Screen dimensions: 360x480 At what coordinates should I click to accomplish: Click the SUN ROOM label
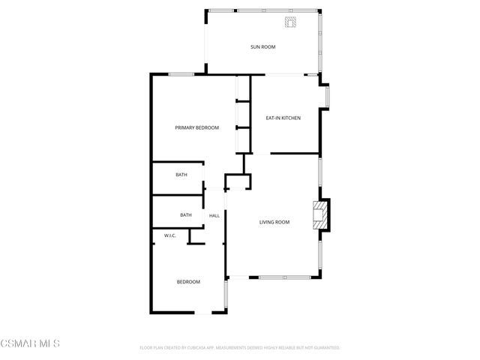click(263, 47)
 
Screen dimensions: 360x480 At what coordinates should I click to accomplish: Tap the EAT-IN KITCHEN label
click(283, 118)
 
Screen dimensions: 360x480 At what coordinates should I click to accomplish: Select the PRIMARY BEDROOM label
click(196, 127)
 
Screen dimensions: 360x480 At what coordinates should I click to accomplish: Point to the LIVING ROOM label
click(274, 222)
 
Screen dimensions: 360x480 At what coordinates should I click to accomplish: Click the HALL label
click(214, 216)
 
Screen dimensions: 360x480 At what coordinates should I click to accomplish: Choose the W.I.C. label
click(169, 235)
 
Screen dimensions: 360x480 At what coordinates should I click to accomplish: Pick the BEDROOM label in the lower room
click(188, 281)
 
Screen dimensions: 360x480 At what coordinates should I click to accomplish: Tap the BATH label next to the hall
click(186, 215)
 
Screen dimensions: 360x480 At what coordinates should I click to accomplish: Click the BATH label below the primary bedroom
click(181, 175)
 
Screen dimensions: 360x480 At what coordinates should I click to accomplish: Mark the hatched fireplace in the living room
click(320, 214)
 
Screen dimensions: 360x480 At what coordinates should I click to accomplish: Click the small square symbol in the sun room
click(290, 22)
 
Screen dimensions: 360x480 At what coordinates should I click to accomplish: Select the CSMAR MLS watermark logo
click(30, 343)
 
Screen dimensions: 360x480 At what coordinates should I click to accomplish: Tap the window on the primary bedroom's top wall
click(181, 73)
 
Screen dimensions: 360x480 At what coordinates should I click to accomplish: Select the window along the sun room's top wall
click(262, 10)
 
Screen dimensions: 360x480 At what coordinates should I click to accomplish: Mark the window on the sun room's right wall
click(321, 41)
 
